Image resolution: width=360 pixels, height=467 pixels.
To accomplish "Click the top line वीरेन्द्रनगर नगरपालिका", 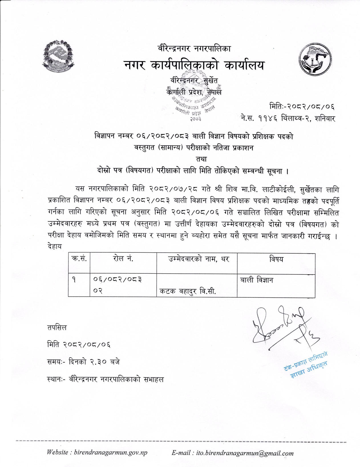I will (194, 49).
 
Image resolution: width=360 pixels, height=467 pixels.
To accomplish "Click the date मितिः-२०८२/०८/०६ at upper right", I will (302, 107).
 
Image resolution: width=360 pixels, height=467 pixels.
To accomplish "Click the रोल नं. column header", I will (123, 259).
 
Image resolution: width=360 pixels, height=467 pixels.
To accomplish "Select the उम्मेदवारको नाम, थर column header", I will (197, 259).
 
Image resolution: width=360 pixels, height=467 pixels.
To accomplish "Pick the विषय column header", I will (276, 259).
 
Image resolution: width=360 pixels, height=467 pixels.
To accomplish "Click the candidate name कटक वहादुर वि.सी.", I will (187, 291).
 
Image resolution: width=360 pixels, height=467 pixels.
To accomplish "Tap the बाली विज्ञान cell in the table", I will (256, 280).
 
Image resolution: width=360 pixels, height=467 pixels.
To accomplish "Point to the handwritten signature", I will (281, 325).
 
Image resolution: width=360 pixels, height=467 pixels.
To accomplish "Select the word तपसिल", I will (57, 328).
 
